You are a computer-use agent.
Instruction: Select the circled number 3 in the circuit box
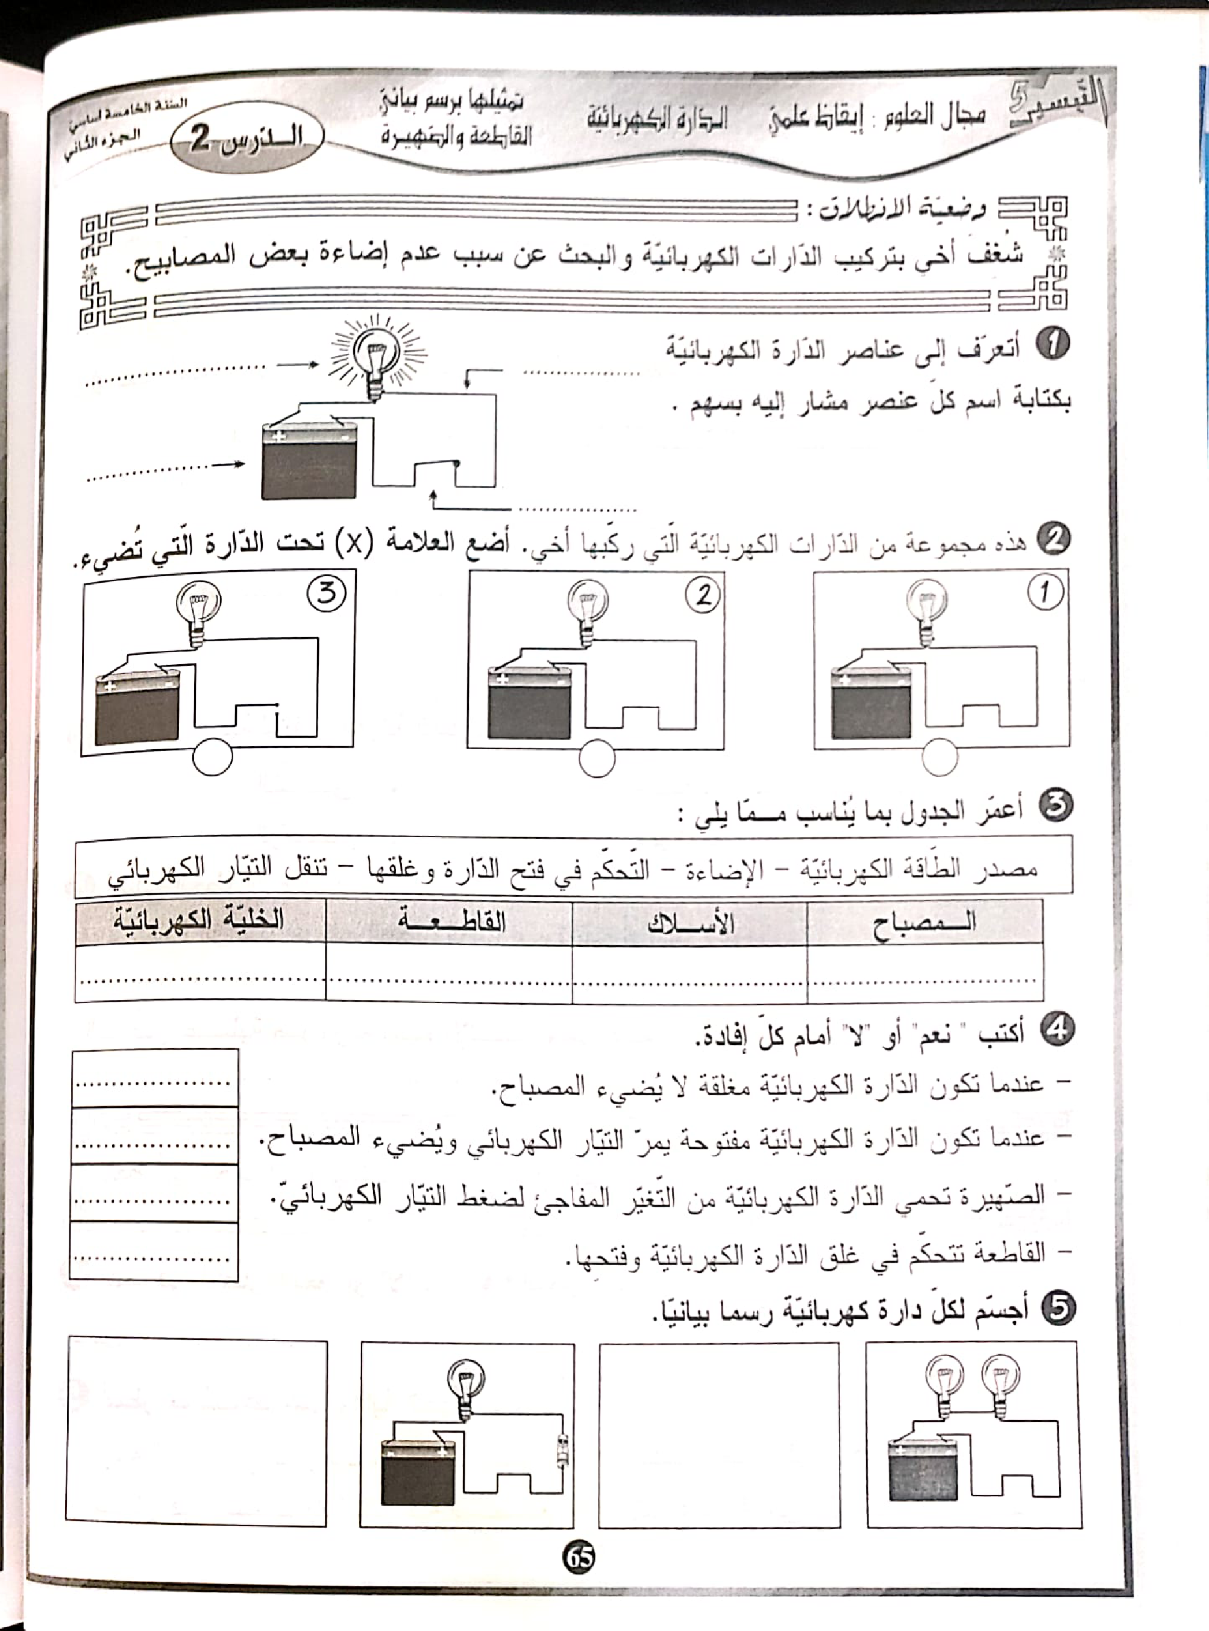[x=327, y=592]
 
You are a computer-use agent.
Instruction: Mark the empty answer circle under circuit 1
[x=940, y=758]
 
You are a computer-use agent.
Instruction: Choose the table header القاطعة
[x=450, y=920]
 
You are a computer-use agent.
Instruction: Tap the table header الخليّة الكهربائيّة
[x=199, y=919]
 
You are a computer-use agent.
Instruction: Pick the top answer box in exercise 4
[x=154, y=1078]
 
